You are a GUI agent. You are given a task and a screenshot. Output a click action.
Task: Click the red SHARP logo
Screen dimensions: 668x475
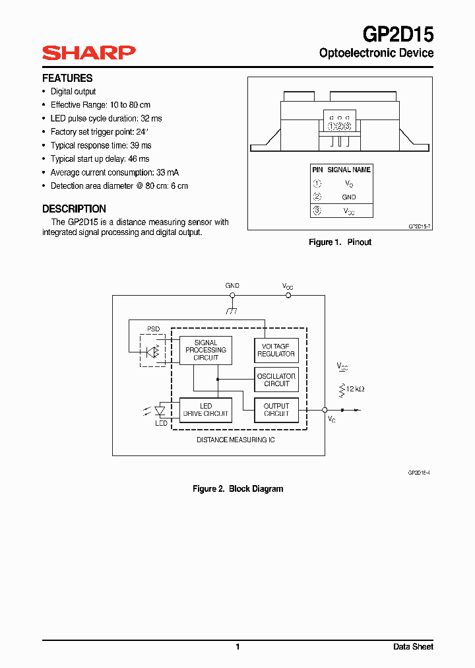(88, 53)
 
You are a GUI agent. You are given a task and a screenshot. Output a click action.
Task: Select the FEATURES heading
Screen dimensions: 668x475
(67, 78)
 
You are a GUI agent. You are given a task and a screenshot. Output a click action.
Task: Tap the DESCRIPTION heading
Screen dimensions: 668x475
(74, 209)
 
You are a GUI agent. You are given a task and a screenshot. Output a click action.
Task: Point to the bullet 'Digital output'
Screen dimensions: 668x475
(73, 92)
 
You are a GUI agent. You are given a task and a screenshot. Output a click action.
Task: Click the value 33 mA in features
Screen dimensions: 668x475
(168, 172)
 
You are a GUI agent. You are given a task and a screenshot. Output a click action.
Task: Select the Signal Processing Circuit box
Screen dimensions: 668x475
(206, 351)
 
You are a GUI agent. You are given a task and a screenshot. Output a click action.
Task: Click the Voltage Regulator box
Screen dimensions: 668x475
(276, 350)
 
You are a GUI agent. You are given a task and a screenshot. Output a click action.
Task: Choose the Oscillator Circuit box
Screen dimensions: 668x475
(276, 380)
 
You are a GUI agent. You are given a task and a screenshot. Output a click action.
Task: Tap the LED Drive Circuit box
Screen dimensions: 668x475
(206, 410)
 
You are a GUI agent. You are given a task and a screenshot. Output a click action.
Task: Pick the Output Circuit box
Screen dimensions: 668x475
(276, 410)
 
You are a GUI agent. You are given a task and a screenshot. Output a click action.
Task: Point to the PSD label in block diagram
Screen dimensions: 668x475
(153, 329)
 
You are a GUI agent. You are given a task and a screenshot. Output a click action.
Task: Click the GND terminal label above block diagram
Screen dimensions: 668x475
(232, 286)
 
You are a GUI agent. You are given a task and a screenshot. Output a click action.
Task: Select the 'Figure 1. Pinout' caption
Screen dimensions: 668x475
(340, 242)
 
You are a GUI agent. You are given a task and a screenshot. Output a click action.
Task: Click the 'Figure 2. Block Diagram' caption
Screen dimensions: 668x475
(237, 489)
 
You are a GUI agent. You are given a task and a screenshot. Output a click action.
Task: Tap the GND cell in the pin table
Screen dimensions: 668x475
(349, 197)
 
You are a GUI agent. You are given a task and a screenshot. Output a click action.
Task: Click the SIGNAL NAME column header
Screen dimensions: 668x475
(349, 170)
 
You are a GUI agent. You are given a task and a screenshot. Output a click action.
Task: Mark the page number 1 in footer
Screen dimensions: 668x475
(237, 647)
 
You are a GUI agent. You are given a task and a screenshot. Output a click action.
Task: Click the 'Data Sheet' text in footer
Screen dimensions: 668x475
(413, 647)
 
